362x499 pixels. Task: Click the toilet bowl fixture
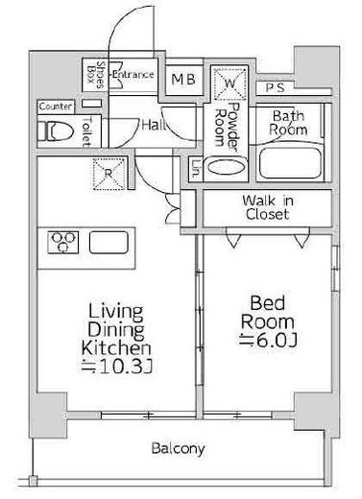pyautogui.click(x=55, y=131)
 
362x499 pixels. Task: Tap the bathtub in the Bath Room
pyautogui.click(x=290, y=163)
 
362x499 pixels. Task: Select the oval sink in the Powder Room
pyautogui.click(x=226, y=167)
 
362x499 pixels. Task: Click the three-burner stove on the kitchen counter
pyautogui.click(x=63, y=242)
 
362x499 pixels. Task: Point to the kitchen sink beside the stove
pyautogui.click(x=109, y=242)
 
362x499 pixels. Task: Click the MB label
pyautogui.click(x=183, y=79)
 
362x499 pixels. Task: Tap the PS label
pyautogui.click(x=275, y=87)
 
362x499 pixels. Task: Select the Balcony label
pyautogui.click(x=178, y=449)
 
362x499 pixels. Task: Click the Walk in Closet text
pyautogui.click(x=268, y=207)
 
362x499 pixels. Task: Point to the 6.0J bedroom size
pyautogui.click(x=268, y=341)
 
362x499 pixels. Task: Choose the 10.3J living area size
pyautogui.click(x=116, y=368)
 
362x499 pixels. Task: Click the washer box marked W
pyautogui.click(x=229, y=83)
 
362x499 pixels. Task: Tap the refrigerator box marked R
pyautogui.click(x=109, y=174)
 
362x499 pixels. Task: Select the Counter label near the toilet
pyautogui.click(x=56, y=107)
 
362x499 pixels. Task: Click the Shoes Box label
pyautogui.click(x=96, y=75)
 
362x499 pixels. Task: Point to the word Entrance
pyautogui.click(x=133, y=75)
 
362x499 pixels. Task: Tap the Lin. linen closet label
pyautogui.click(x=196, y=169)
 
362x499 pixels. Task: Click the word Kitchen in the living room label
pyautogui.click(x=116, y=348)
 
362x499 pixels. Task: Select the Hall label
pyautogui.click(x=153, y=125)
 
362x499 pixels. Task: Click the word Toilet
pyautogui.click(x=86, y=132)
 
